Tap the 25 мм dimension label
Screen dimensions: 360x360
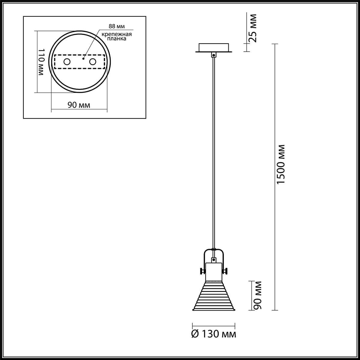point(253,28)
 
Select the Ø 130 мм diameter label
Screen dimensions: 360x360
point(214,334)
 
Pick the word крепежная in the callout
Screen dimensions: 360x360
point(116,34)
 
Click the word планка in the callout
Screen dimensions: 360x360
point(116,39)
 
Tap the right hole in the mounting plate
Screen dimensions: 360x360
point(93,62)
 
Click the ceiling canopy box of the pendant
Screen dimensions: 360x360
point(213,48)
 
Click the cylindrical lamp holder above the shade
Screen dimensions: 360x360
point(213,272)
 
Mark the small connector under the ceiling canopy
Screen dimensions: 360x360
point(213,55)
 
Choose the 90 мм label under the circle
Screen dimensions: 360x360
point(79,105)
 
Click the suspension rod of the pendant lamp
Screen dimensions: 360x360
point(213,150)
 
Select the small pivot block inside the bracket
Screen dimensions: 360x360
point(213,260)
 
